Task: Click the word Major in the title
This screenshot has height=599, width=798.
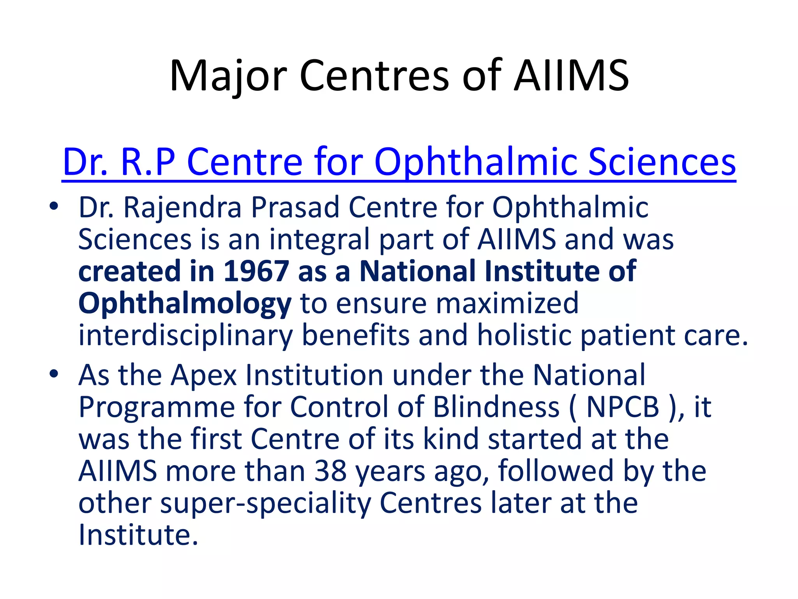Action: (x=228, y=76)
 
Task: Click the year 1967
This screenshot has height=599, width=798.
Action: (x=256, y=271)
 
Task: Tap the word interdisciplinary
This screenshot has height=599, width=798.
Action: (x=185, y=335)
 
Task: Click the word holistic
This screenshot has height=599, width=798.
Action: (x=525, y=335)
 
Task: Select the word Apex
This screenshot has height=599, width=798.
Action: (x=204, y=376)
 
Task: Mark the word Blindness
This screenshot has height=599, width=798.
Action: (x=496, y=407)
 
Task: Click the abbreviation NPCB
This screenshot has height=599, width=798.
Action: (x=622, y=407)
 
